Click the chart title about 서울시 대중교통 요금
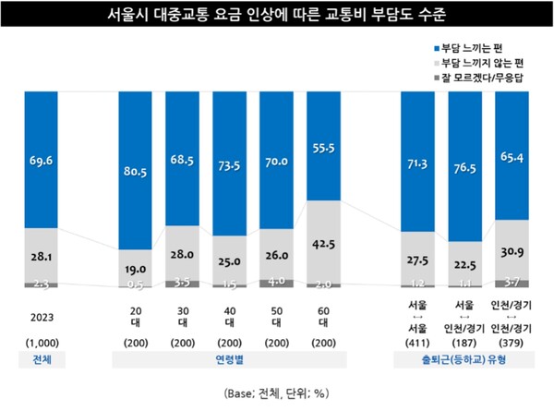coord(277,17)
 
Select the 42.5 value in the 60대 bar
coord(326,245)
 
